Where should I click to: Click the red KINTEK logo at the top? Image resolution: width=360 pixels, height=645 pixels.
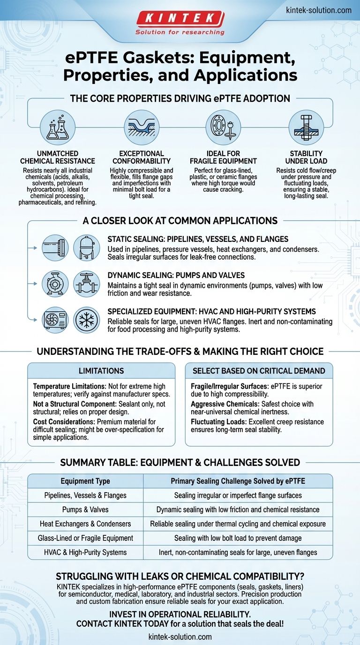point(180,19)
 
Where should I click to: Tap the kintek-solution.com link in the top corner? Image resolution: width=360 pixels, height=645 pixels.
point(318,10)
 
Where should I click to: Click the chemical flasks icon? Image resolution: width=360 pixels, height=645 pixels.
point(58,127)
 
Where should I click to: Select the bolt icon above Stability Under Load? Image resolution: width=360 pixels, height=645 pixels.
point(306,127)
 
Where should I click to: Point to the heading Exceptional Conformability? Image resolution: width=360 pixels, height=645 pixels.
point(142,157)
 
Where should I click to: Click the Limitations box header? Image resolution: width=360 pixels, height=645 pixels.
point(101,371)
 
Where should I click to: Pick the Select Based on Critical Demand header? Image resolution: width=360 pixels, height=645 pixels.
point(259,371)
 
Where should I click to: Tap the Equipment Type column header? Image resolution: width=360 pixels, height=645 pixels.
point(85,481)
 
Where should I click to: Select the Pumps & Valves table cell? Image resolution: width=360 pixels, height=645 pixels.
point(85,510)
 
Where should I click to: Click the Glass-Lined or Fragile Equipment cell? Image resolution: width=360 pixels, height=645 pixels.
point(85,538)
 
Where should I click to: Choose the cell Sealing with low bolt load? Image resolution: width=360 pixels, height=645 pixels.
point(238,538)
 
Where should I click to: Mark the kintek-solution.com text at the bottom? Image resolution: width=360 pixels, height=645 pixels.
point(180,637)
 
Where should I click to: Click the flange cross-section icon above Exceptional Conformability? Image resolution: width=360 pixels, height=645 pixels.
point(142,127)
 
